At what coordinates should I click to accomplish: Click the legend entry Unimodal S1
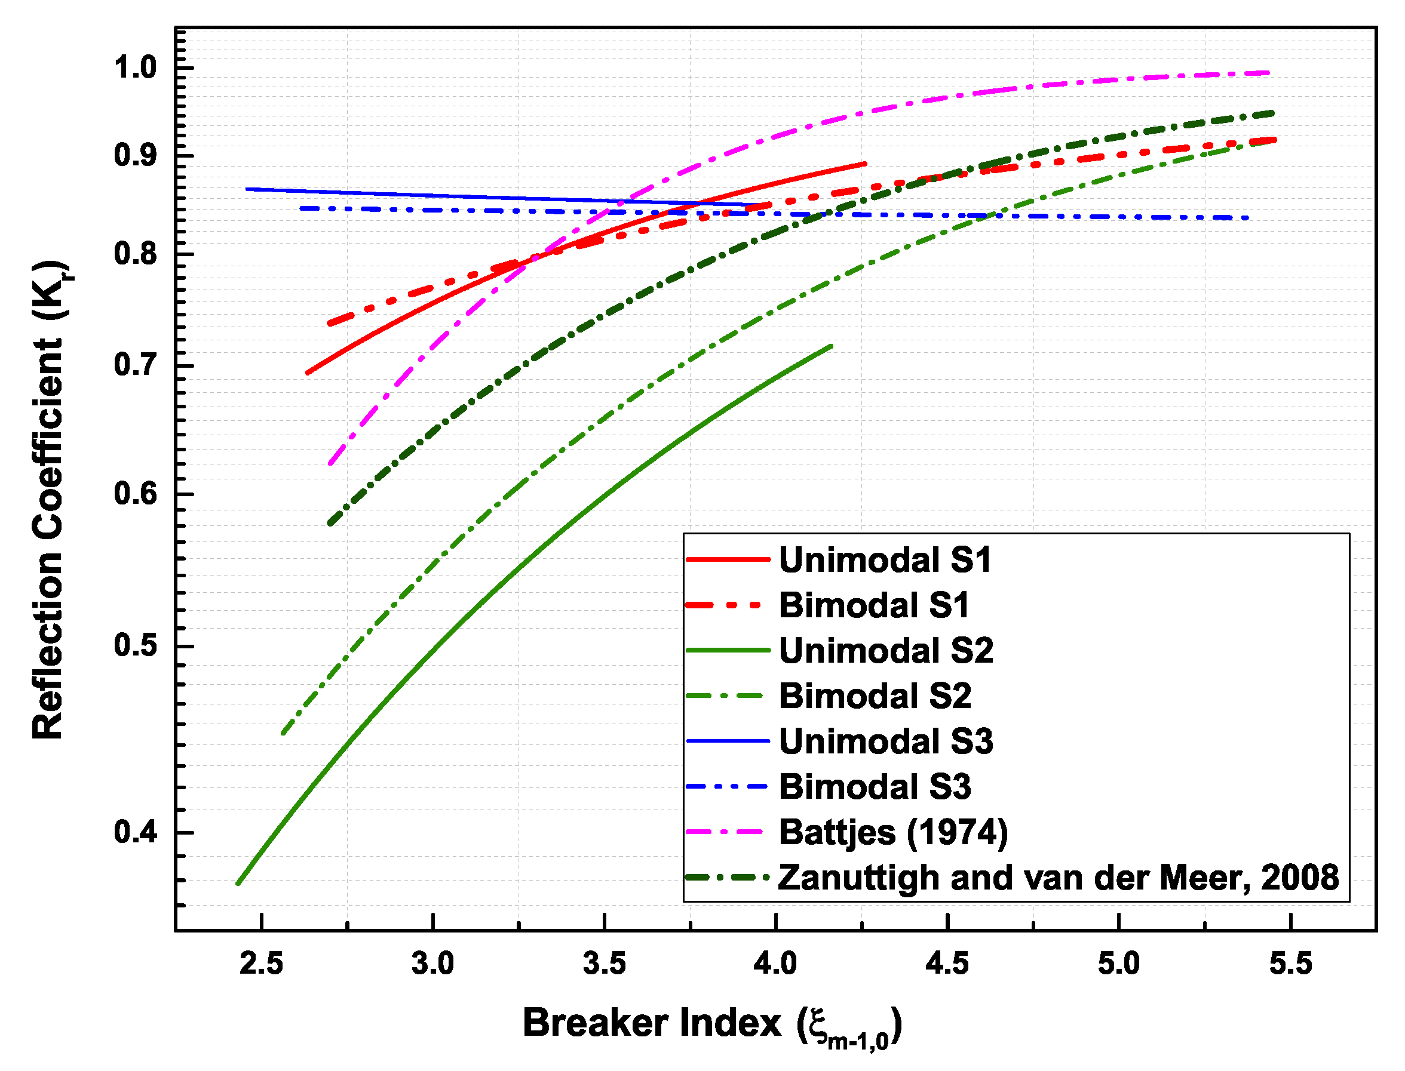885,560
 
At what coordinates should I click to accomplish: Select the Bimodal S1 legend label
874,605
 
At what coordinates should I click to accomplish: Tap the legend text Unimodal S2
886,651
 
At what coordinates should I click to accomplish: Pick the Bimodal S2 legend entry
875,695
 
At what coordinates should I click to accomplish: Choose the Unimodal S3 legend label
886,741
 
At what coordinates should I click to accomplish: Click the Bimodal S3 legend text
875,787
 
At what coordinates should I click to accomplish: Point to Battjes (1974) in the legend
893,833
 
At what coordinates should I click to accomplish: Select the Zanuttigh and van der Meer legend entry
1057,878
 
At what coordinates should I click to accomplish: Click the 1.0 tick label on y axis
135,67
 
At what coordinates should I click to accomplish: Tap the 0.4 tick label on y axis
135,833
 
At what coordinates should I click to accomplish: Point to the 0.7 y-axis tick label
135,365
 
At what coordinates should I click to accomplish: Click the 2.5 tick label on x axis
262,964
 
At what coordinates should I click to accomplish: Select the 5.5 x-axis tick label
1291,964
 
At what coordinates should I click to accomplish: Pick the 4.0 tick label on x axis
775,964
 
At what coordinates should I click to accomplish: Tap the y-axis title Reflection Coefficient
48,500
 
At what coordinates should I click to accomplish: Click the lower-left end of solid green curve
238,884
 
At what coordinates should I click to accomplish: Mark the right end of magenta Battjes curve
1269,73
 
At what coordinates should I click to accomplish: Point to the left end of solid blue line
247,189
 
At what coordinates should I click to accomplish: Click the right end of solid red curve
866,164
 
